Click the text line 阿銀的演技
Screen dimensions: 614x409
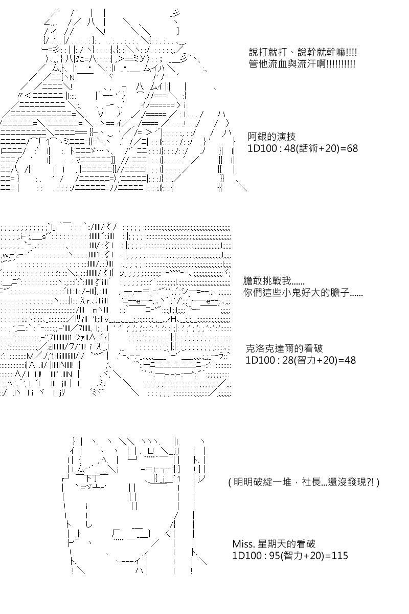pyautogui.click(x=271, y=137)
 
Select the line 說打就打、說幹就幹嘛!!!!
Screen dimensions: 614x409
pyautogui.click(x=303, y=52)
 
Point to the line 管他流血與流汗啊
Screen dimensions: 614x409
pyautogui.click(x=302, y=64)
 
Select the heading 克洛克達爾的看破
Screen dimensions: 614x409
pyautogui.click(x=284, y=348)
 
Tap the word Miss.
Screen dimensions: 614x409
pyautogui.click(x=243, y=543)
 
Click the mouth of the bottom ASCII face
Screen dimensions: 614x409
pyautogui.click(x=130, y=535)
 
